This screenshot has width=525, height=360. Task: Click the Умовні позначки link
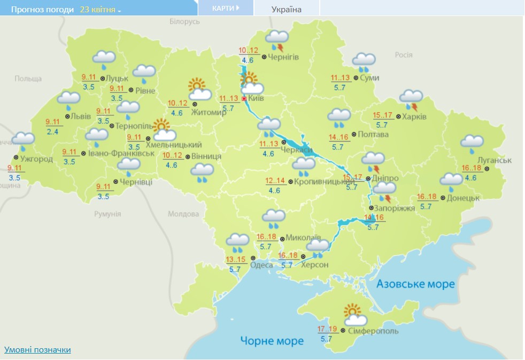[x=37, y=350]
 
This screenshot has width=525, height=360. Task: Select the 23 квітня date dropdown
[x=100, y=10]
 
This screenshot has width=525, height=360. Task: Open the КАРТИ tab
[x=225, y=9]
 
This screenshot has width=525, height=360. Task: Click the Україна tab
[x=287, y=10]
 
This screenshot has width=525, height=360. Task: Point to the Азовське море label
[x=415, y=284]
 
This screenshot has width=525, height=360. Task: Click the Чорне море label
[x=272, y=341]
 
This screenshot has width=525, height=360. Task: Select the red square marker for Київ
[x=244, y=99]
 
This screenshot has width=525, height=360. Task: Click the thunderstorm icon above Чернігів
[x=277, y=39]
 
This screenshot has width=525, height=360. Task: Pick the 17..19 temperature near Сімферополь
[x=327, y=328]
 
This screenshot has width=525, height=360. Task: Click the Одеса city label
[x=261, y=265]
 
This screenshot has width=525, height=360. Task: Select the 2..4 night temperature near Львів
[x=52, y=132]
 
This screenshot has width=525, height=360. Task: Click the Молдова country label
[x=183, y=214]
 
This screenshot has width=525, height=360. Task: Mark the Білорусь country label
[x=184, y=21]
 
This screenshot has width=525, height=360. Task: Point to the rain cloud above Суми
[x=364, y=62]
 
